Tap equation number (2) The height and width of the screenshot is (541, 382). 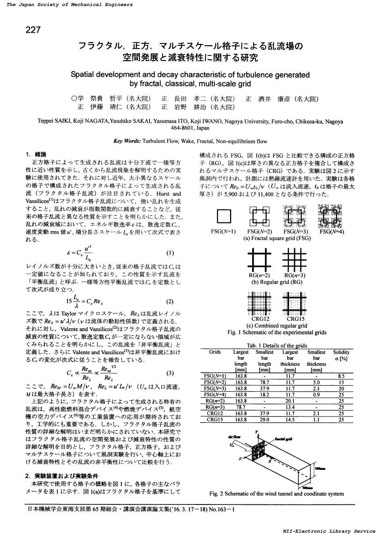point(170,301)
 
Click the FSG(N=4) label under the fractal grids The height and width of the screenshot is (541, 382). point(331,231)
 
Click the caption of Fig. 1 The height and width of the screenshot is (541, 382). point(277,332)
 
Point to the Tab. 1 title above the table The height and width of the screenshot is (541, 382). point(277,345)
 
